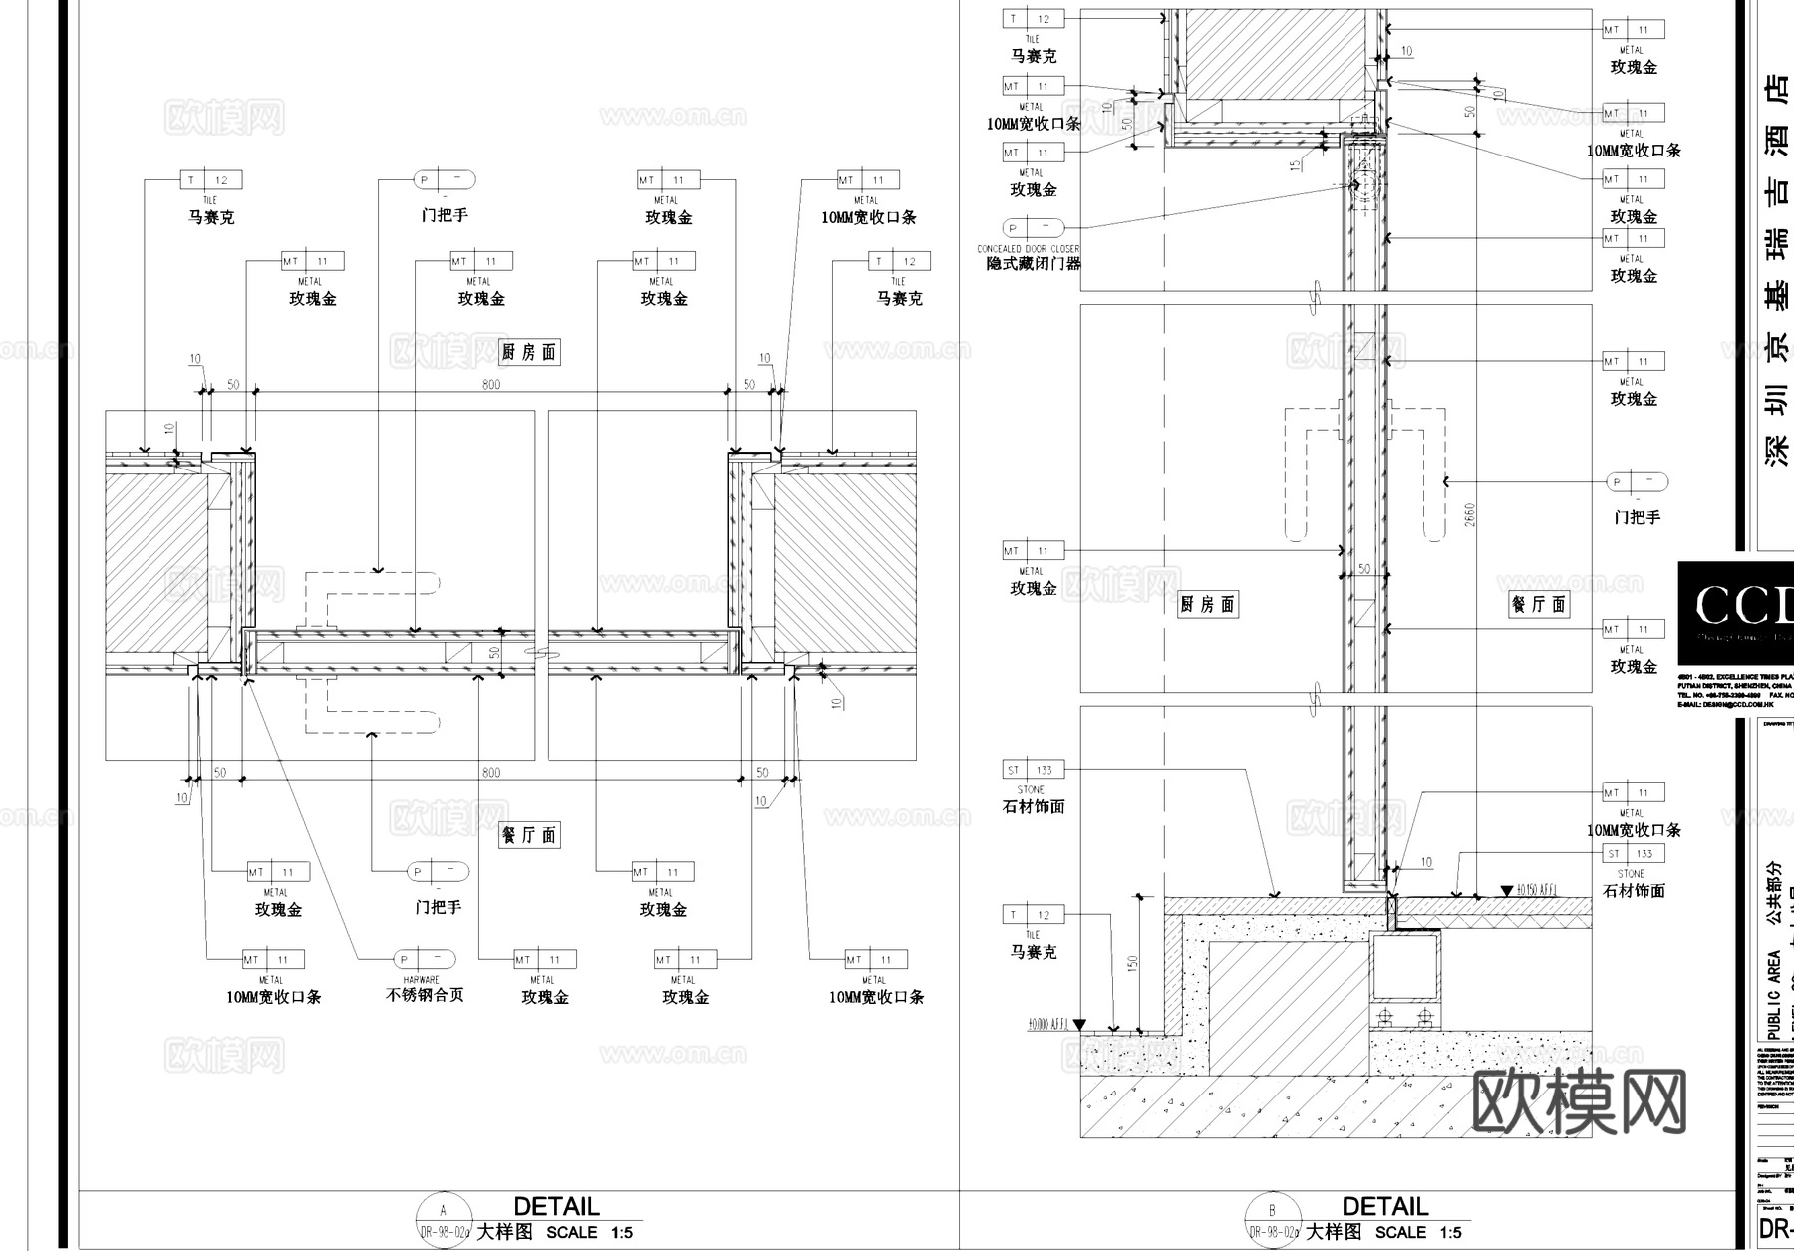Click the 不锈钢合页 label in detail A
tap(426, 995)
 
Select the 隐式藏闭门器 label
tap(1034, 264)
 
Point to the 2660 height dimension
tap(1470, 515)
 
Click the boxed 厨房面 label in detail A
tap(529, 352)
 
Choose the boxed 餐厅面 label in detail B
tap(1539, 604)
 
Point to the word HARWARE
tap(421, 980)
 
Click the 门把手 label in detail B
tap(1637, 517)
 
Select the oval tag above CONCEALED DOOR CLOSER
tap(1034, 227)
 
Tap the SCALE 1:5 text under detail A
tap(589, 1233)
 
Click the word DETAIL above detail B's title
tap(1385, 1207)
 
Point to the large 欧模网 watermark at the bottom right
tap(1580, 1101)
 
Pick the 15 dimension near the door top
tap(1296, 163)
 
